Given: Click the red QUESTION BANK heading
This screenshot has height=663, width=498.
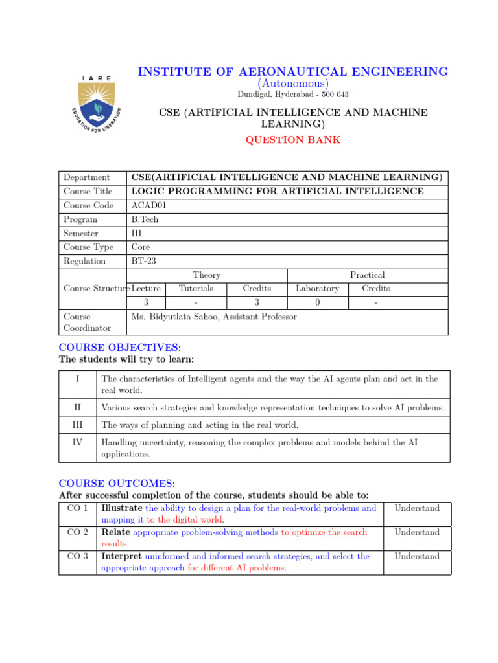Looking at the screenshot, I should pyautogui.click(x=292, y=140).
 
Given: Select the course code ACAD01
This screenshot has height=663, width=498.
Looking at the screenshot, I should pyautogui.click(x=149, y=205).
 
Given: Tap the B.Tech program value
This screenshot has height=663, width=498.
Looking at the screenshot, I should pyautogui.click(x=145, y=219).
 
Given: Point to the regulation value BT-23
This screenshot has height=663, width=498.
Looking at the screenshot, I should pyautogui.click(x=144, y=261).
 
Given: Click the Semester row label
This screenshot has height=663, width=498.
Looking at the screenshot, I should pyautogui.click(x=81, y=233).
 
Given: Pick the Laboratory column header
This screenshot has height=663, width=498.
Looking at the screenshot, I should pyautogui.click(x=317, y=289).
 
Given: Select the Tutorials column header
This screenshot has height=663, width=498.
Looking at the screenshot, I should pyautogui.click(x=196, y=289).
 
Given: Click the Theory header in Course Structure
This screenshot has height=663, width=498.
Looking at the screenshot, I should pyautogui.click(x=207, y=275).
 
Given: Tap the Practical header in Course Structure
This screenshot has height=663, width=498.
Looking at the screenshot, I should pyautogui.click(x=367, y=275).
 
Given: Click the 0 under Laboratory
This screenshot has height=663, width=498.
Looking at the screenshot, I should pyautogui.click(x=317, y=302).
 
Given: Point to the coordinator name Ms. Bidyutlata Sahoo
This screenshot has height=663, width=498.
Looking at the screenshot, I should pyautogui.click(x=214, y=317).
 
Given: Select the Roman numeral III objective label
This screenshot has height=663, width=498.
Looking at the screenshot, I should pyautogui.click(x=77, y=425).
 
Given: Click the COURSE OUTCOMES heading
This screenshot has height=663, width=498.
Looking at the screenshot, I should pyautogui.click(x=117, y=483).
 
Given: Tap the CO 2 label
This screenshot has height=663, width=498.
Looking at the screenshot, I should pyautogui.click(x=77, y=532).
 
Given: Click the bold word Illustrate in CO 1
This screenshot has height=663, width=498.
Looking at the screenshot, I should pyautogui.click(x=122, y=508).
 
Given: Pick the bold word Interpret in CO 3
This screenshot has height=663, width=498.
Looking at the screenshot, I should pyautogui.click(x=122, y=556).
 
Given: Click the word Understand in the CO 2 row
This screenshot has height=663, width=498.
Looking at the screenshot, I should pyautogui.click(x=417, y=532).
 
